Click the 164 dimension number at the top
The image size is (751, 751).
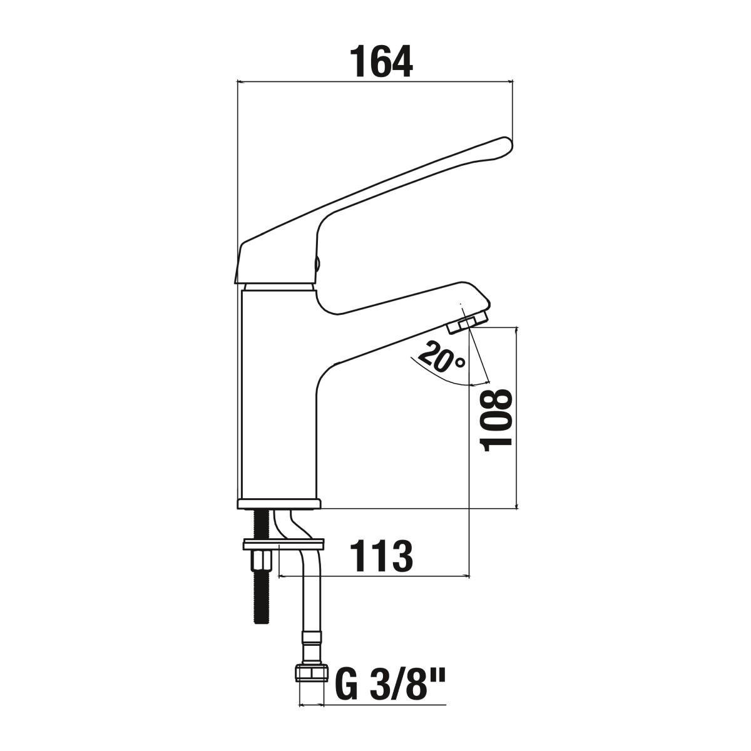pos(381,61)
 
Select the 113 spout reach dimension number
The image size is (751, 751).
pos(382,556)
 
